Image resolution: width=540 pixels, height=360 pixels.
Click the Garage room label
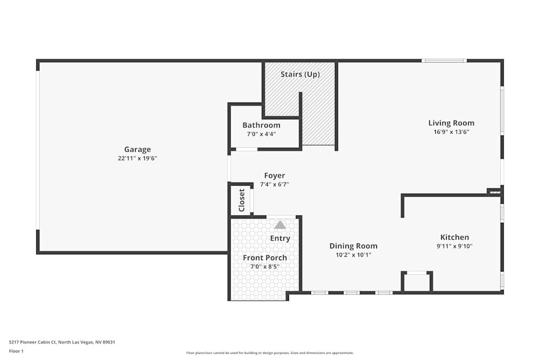[x=137, y=150]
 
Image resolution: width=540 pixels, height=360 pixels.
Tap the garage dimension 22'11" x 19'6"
[x=137, y=158]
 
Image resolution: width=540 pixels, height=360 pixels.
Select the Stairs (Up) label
[x=299, y=74]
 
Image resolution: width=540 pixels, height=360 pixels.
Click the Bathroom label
[x=261, y=125]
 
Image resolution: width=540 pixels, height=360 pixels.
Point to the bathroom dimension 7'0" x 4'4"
[x=261, y=134]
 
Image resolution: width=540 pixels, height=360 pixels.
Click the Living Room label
[x=451, y=123]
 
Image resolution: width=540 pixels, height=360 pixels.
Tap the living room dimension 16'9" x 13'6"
[x=451, y=132]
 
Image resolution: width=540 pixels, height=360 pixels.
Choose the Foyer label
[x=274, y=175]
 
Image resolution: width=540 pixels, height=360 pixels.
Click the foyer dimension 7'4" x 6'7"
[x=274, y=184]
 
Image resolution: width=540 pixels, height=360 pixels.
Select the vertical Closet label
[x=241, y=200]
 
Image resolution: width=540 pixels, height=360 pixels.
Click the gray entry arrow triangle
[x=280, y=225]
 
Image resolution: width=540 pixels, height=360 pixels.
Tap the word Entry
[x=280, y=238]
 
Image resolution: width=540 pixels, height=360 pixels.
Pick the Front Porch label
[x=265, y=257]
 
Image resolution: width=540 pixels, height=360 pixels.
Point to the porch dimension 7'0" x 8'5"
[x=265, y=266]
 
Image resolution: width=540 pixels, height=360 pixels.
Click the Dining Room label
[x=353, y=246]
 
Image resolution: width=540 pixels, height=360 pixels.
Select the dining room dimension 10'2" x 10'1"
[x=353, y=255]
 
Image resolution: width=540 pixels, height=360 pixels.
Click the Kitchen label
[x=455, y=237]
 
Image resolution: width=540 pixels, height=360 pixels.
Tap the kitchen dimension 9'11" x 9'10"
[x=455, y=246]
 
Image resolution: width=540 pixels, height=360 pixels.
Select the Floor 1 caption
[x=16, y=351]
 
